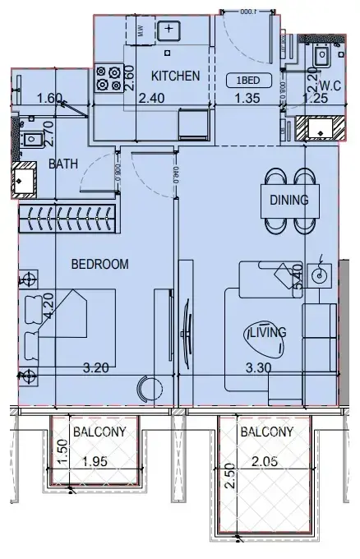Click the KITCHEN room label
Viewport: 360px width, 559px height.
pyautogui.click(x=176, y=76)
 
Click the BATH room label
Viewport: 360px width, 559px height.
pyautogui.click(x=62, y=164)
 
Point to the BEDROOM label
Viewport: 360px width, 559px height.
pyautogui.click(x=99, y=264)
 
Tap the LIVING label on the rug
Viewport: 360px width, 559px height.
pyautogui.click(x=268, y=332)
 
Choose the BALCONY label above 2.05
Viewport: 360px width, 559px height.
pyautogui.click(x=265, y=431)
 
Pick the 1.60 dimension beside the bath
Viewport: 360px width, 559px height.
pyautogui.click(x=49, y=99)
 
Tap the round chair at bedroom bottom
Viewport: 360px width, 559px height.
pyautogui.click(x=149, y=386)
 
